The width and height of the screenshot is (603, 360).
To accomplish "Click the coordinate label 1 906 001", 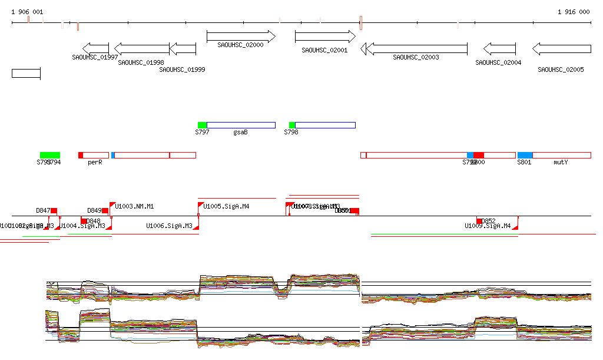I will click(x=27, y=12).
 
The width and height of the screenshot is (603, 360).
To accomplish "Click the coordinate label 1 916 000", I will click(x=574, y=12).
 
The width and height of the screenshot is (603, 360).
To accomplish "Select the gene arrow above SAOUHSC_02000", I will click(x=241, y=37).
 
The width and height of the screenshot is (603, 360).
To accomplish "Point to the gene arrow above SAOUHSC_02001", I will click(x=325, y=37).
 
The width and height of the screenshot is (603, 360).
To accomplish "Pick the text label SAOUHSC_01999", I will click(x=182, y=70).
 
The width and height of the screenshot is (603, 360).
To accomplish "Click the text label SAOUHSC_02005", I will click(x=561, y=70).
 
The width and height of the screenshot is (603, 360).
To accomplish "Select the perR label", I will click(x=95, y=162).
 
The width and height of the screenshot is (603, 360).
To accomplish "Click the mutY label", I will click(x=561, y=162).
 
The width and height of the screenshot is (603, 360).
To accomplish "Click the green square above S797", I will click(x=202, y=125).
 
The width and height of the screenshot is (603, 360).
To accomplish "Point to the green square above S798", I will click(x=292, y=125).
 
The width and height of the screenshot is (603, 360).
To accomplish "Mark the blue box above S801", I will click(x=525, y=155).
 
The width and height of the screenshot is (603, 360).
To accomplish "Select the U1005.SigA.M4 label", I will click(x=226, y=206).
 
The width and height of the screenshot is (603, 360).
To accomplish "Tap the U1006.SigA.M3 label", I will click(x=169, y=226).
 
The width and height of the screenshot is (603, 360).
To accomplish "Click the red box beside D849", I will click(x=105, y=210).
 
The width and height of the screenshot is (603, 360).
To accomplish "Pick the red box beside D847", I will click(x=54, y=210).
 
